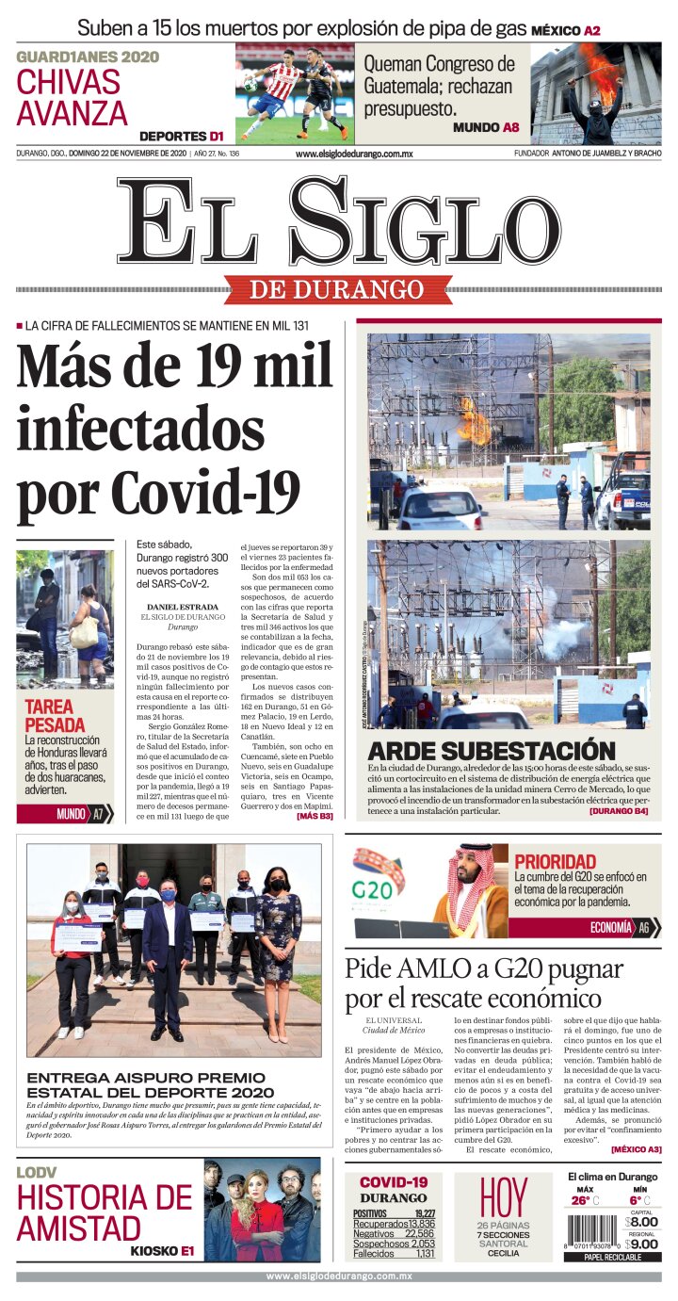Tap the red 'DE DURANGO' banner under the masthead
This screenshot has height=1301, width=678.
coord(337,289)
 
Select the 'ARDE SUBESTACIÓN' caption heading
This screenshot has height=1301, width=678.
coord(491,751)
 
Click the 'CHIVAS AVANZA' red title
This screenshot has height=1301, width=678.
coord(72,97)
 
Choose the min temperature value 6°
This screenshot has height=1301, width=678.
coord(635,1200)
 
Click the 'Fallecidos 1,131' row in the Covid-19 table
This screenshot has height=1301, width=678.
coord(394,1254)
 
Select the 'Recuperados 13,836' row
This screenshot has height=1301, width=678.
coord(394,1223)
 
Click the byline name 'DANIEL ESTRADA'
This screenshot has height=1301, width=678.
coord(183,607)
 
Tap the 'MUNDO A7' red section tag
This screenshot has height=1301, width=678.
coord(64,814)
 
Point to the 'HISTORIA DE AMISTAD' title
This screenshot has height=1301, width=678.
coord(104,1213)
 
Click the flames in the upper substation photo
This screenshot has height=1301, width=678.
coord(473,421)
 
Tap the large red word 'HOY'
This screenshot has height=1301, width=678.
coord(504,1197)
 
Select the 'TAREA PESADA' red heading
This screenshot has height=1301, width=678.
coord(55,715)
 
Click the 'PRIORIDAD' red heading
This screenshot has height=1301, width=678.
coord(555,861)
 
